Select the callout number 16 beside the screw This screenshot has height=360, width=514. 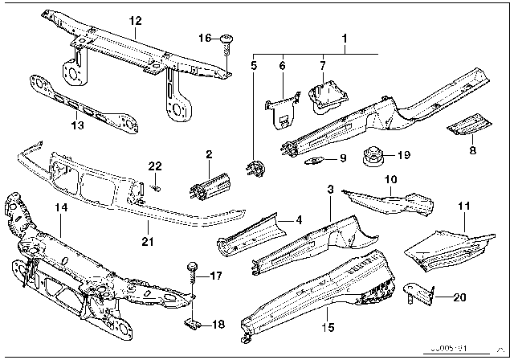[x=204, y=38]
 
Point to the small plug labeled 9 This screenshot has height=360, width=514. [x=319, y=160]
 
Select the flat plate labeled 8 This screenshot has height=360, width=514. [x=471, y=125]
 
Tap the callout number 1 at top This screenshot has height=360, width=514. [x=345, y=38]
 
